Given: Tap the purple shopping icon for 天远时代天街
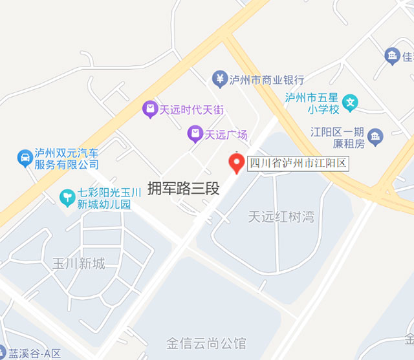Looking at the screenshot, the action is [149, 110].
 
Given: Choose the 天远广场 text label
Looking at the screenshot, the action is [226, 135].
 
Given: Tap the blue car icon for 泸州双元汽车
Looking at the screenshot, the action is [24, 157].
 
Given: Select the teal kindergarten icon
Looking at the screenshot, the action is [67, 196].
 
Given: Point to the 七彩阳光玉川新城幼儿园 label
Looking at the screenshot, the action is [109, 198].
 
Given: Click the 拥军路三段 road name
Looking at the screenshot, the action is [184, 189].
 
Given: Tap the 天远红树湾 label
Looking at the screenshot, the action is [281, 217].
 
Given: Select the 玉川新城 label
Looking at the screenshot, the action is [78, 264].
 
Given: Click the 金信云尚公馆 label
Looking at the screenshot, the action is [206, 342].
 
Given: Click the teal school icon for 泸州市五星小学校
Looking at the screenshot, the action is [350, 102].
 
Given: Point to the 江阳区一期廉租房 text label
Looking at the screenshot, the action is [338, 138].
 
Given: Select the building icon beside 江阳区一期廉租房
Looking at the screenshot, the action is [376, 136].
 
